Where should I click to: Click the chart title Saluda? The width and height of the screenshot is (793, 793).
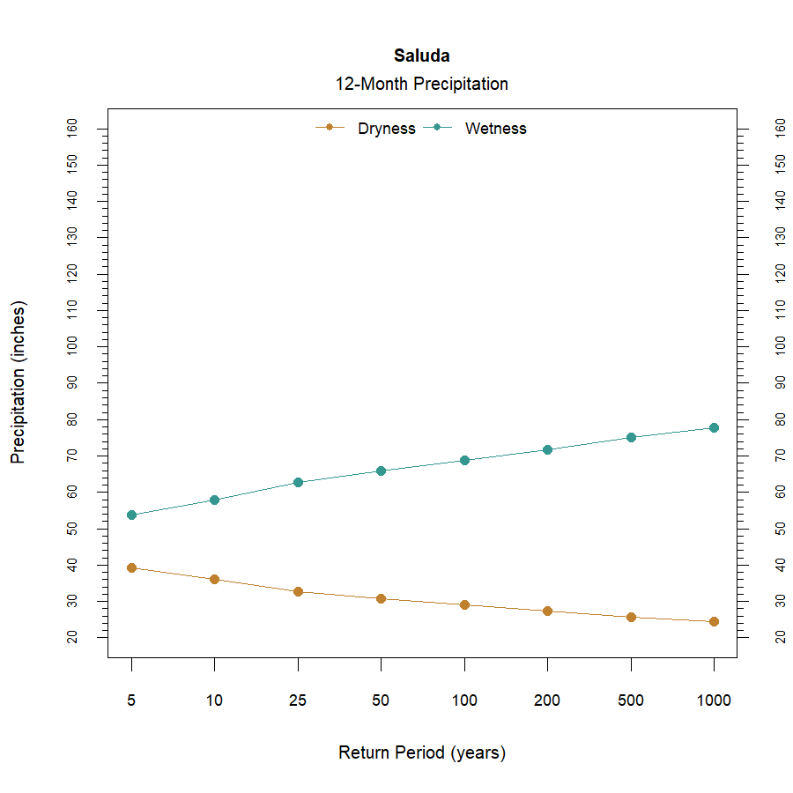pos(421,56)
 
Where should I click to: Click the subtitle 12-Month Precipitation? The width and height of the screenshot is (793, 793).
pos(421,85)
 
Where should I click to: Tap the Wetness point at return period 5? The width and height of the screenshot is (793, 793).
pos(131,515)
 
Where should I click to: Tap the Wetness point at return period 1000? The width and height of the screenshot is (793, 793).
pos(714,427)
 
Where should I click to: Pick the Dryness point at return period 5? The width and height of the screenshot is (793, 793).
pos(131,567)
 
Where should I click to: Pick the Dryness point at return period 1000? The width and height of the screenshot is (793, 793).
pos(714,621)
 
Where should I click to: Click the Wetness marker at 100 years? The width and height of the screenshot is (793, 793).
pos(464,460)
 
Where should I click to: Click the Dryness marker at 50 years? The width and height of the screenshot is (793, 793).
pos(381,598)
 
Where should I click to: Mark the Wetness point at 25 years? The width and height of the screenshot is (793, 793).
pos(298,482)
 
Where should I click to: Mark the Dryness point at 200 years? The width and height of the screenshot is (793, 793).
pos(547,611)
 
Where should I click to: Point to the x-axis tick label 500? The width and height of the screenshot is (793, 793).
pos(630,701)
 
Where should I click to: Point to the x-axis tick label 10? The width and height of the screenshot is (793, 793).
pos(214,701)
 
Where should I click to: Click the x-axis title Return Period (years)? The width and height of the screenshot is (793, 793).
pos(421,753)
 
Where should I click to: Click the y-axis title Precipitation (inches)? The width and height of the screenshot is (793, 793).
pos(19,382)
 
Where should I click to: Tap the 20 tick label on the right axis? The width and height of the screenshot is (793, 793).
pos(780,637)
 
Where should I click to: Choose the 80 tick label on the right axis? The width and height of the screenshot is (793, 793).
pos(780,419)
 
